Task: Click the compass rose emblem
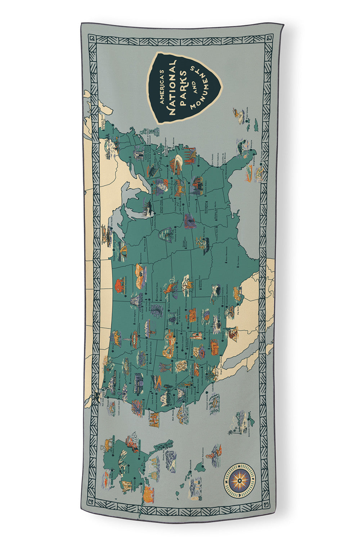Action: click(x=240, y=480)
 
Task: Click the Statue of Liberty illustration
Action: click(x=156, y=131)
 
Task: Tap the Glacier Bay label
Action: click(x=165, y=448)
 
